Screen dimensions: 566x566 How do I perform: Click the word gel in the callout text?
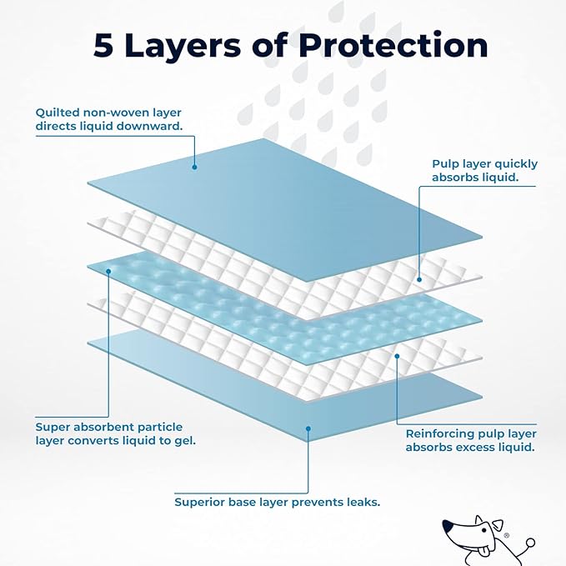click(x=185, y=440)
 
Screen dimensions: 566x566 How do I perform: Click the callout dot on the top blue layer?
click(x=194, y=166)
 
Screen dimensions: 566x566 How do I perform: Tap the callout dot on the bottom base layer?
click(x=308, y=429)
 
